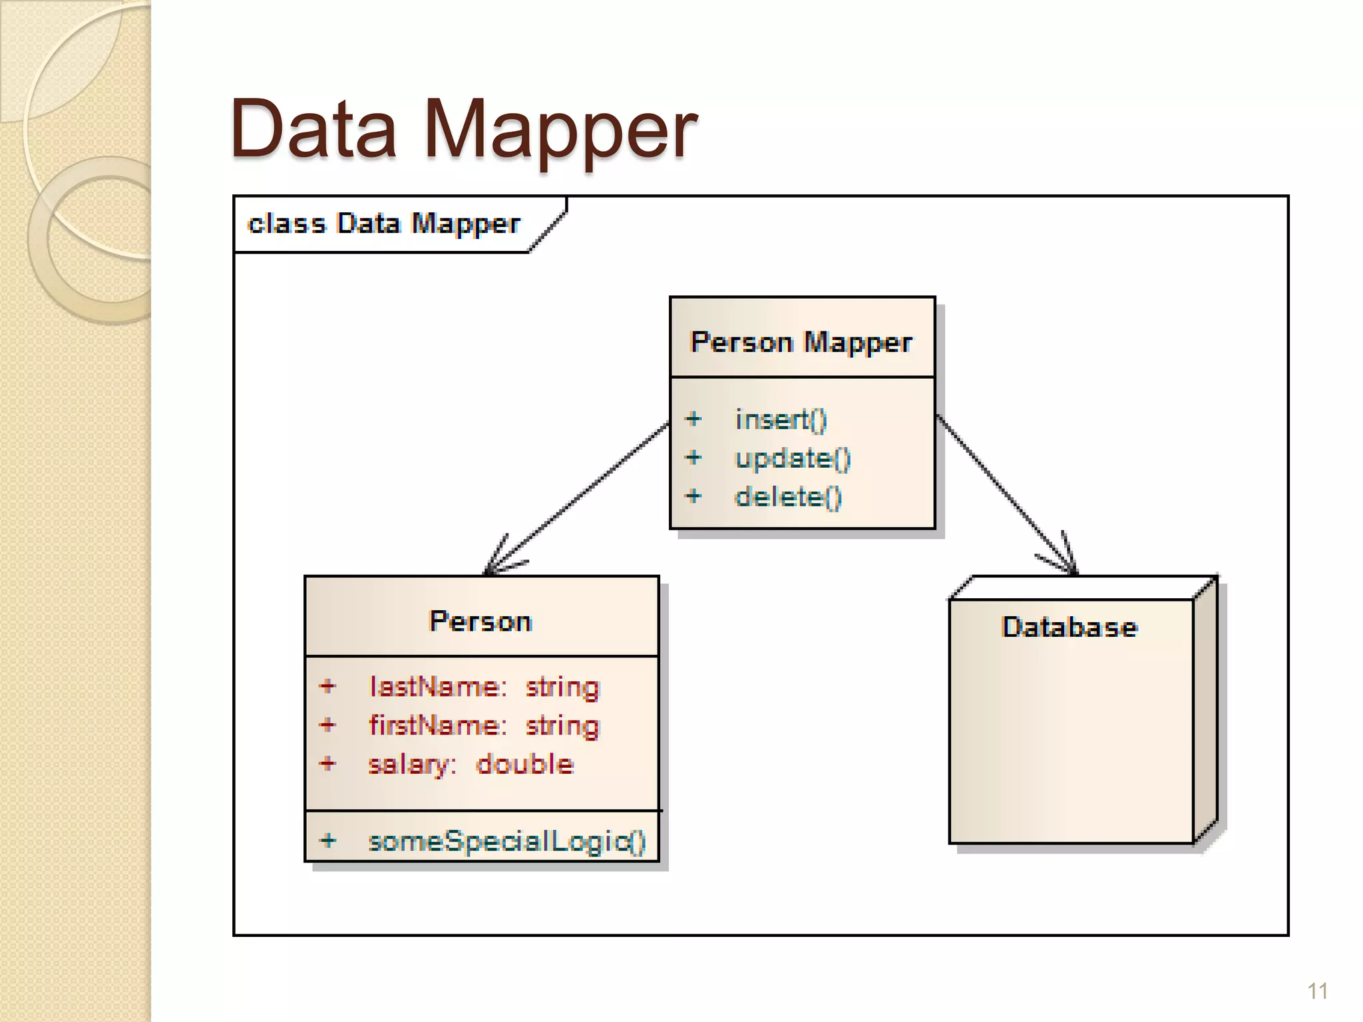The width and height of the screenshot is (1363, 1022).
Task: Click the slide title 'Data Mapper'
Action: pos(463,129)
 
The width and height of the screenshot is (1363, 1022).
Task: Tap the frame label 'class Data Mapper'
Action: pos(383,224)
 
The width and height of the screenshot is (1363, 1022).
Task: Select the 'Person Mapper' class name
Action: pos(801,342)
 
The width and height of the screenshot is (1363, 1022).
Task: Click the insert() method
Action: pos(781,419)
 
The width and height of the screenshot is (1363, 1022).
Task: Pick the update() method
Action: pos(792,458)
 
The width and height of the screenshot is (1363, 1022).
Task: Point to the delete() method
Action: pos(788,496)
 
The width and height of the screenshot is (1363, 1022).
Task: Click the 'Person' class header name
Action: pos(481,621)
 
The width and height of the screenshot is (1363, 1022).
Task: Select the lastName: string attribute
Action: pos(485,687)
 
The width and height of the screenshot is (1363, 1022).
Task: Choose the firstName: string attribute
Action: pos(485,725)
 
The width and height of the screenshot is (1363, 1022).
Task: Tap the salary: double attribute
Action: pos(471,764)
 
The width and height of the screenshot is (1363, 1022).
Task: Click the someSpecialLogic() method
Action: pos(507,841)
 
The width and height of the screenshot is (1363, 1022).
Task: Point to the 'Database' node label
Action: pos(1070,627)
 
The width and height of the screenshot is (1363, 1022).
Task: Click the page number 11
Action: pos(1317,991)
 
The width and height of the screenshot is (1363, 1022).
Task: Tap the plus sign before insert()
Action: pos(693,419)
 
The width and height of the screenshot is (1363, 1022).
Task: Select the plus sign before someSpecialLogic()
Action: pos(327,840)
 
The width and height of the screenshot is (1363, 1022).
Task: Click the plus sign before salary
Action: pos(327,763)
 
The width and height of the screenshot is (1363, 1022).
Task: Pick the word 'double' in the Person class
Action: pos(525,764)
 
